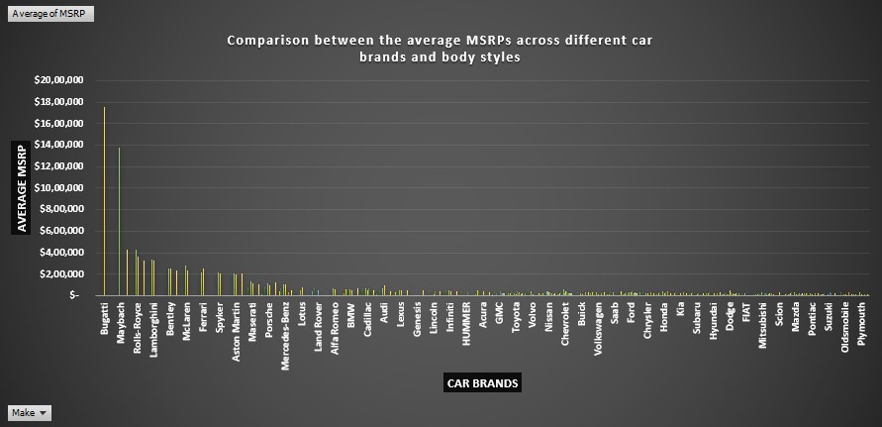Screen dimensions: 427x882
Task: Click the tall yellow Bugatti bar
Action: pyautogui.click(x=104, y=198)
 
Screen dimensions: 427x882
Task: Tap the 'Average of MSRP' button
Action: pyautogui.click(x=37, y=12)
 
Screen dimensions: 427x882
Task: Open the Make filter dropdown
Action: pyautogui.click(x=30, y=413)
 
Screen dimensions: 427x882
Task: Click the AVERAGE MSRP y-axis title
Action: pyautogui.click(x=22, y=188)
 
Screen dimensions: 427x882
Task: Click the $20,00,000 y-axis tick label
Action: pyautogui.click(x=58, y=80)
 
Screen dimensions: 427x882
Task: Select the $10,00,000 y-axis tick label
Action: pyautogui.click(x=58, y=188)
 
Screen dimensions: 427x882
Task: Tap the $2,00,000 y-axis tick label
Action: pyautogui.click(x=61, y=273)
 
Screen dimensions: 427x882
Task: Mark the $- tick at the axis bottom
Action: pyautogui.click(x=75, y=295)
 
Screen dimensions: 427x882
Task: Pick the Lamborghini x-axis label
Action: pyautogui.click(x=154, y=334)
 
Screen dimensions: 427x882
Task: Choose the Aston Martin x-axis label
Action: pyautogui.click(x=236, y=333)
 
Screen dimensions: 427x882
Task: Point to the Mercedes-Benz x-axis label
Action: pyautogui.click(x=285, y=336)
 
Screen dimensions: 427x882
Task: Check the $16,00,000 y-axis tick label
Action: pyautogui.click(x=58, y=124)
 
